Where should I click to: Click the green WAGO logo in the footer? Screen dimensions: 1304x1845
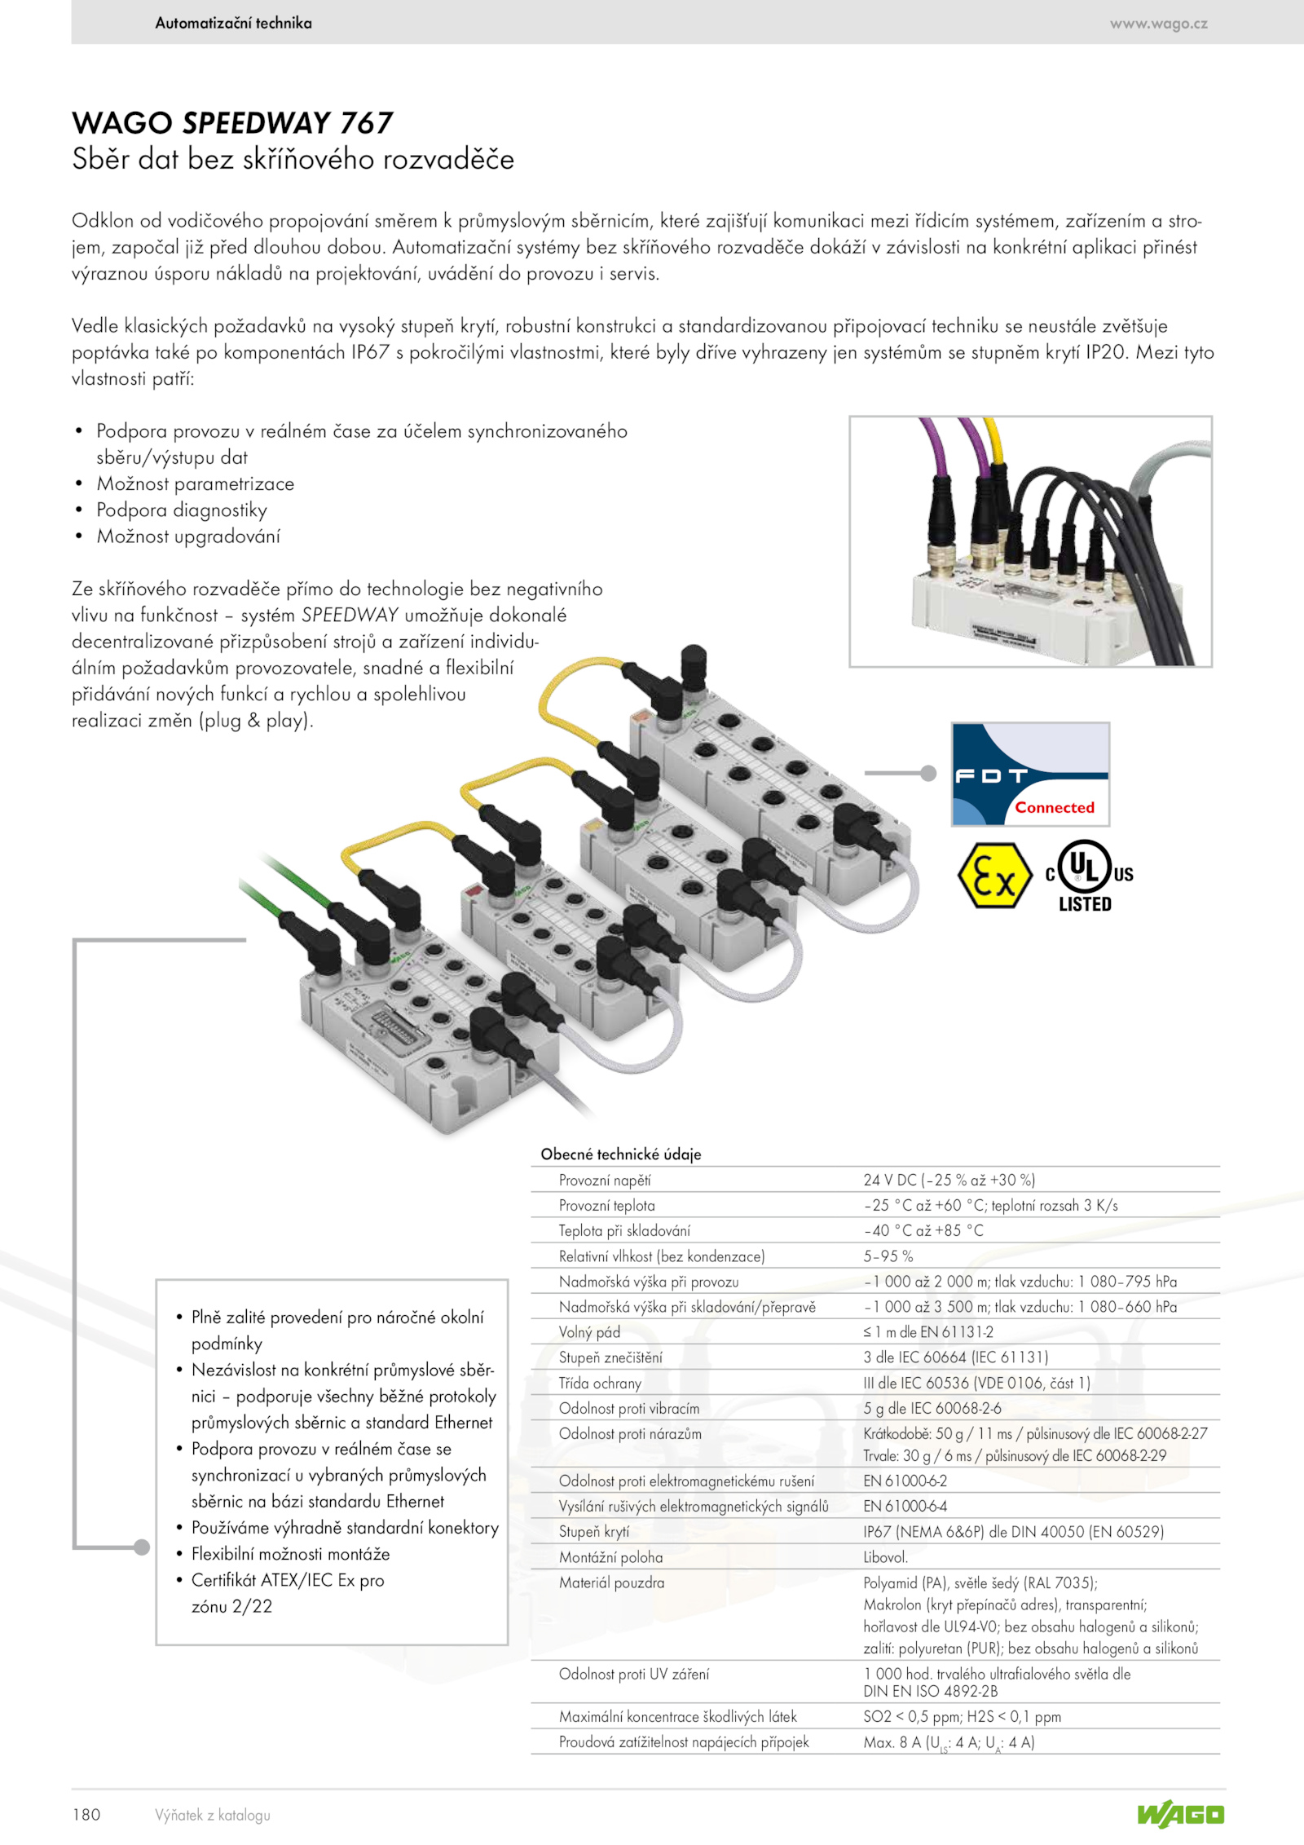tap(1181, 1815)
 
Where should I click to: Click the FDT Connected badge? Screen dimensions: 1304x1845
tap(1030, 774)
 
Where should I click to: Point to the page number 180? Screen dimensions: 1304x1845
tap(86, 1814)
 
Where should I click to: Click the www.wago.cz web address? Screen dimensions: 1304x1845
tap(1158, 24)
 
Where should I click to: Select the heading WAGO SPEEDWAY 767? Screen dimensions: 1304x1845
tap(232, 123)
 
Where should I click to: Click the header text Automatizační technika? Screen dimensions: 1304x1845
tap(233, 23)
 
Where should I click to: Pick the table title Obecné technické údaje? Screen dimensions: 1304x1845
tap(621, 1154)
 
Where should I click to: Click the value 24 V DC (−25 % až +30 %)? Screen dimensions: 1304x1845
tap(949, 1180)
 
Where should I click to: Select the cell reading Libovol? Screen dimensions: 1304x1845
tap(886, 1556)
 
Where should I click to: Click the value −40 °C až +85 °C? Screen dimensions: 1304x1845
tap(923, 1230)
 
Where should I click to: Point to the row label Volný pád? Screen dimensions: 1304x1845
tap(589, 1332)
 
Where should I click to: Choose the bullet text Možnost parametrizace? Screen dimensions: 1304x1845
tap(196, 483)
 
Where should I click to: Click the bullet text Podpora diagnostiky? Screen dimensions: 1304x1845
tap(182, 510)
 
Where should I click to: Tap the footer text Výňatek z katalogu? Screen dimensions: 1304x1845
tap(213, 1815)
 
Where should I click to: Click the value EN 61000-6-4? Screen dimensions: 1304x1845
tap(905, 1506)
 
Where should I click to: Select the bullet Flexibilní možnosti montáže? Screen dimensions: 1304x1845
tap(291, 1553)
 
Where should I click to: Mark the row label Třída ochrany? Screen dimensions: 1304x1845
tap(600, 1383)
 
